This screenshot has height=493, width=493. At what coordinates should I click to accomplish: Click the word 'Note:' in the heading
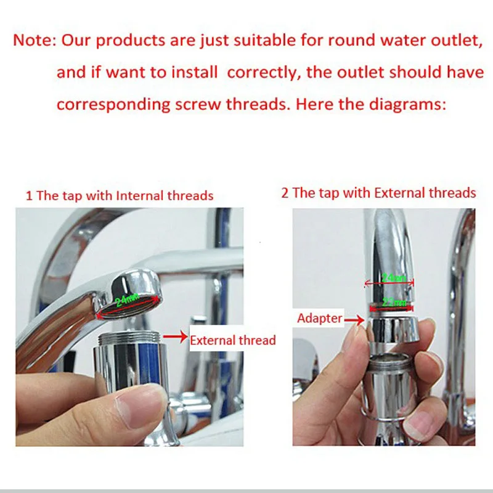click(35, 41)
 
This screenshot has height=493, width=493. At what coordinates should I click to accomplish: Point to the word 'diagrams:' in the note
click(410, 104)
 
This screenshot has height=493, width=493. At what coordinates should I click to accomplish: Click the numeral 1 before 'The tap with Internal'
click(29, 196)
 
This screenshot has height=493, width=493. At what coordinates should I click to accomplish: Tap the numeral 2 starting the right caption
click(285, 193)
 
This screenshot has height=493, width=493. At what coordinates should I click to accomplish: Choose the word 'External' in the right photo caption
click(396, 193)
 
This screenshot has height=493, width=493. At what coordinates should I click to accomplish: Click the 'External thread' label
click(232, 340)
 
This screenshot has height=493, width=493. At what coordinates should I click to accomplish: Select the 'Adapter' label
click(319, 319)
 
